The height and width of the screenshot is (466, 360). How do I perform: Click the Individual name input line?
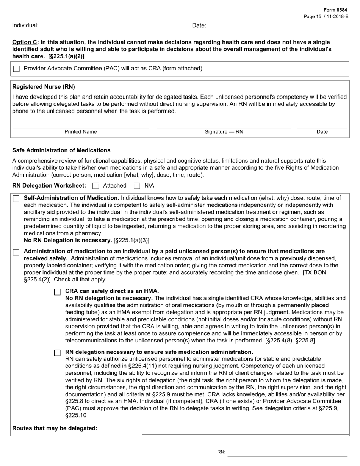[x=103, y=26]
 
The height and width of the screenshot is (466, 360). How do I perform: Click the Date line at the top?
[x=239, y=26]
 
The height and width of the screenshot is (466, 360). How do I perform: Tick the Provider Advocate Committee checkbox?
[x=16, y=69]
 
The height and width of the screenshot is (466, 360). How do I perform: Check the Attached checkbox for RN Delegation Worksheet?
[x=96, y=186]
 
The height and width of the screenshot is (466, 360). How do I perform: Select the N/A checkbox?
[x=137, y=186]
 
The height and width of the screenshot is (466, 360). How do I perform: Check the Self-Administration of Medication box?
[x=16, y=199]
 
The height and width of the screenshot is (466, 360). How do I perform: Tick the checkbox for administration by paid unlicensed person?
[x=16, y=252]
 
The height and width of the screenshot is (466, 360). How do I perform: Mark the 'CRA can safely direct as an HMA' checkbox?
[x=57, y=292]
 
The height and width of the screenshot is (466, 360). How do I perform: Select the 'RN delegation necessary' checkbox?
[x=57, y=353]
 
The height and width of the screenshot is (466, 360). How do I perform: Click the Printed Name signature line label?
[x=80, y=132]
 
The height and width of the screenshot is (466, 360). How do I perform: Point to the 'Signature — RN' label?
[x=224, y=132]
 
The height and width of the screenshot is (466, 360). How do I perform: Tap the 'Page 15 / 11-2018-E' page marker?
[x=326, y=17]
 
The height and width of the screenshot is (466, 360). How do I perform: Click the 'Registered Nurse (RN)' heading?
[x=44, y=87]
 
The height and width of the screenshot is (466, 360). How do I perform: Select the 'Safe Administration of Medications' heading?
[x=61, y=150]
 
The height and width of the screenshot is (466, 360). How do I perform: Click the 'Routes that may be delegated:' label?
[x=55, y=428]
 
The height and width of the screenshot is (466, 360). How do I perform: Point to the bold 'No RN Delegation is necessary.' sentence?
[x=68, y=240]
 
